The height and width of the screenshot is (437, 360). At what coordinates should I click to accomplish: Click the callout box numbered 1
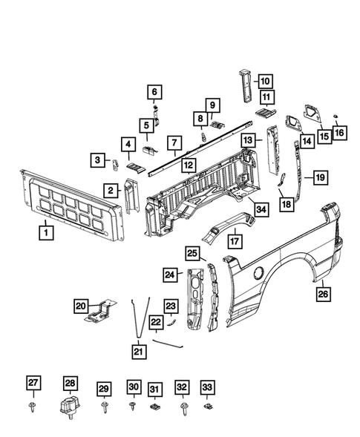click(46, 232)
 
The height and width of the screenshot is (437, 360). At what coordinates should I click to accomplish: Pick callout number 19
click(320, 177)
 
